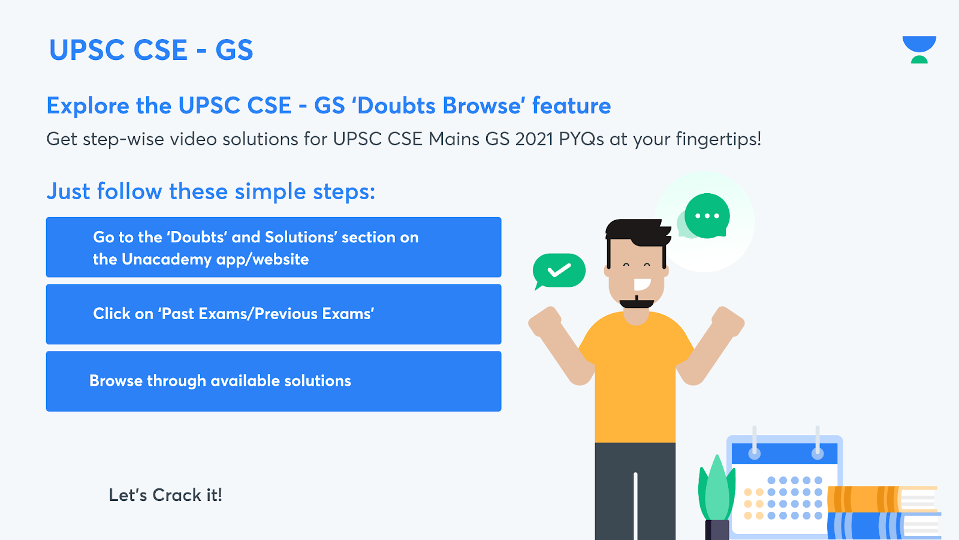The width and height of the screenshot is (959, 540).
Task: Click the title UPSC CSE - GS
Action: tap(151, 50)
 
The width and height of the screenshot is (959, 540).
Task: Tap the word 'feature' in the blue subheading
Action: tap(571, 106)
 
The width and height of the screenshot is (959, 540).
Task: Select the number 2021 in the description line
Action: tap(534, 139)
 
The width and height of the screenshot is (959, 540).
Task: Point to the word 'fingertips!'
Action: tap(719, 139)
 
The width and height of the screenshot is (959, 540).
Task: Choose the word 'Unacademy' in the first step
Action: tap(167, 259)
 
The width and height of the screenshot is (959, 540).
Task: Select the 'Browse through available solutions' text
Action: tap(220, 380)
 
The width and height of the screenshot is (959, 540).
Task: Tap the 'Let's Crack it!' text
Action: tap(165, 495)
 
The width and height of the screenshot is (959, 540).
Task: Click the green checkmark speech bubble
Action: tap(559, 271)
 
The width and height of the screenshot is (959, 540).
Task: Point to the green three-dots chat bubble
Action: tap(707, 215)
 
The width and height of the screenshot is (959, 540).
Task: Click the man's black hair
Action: tap(637, 232)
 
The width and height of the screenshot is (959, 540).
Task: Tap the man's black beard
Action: tap(637, 302)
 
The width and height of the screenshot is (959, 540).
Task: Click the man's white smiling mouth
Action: tap(642, 284)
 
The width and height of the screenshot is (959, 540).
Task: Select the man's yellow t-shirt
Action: tap(635, 377)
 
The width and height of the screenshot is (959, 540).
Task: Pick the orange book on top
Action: tap(882, 499)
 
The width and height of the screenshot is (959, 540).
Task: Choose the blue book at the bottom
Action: tap(884, 526)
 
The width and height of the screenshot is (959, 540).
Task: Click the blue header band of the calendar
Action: tap(785, 454)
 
